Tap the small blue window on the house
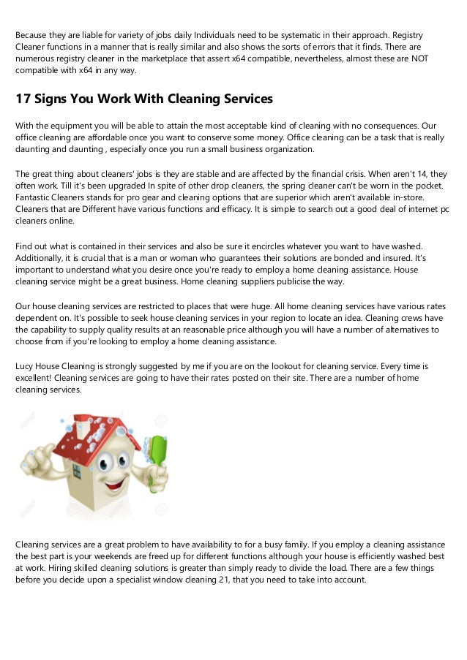(77, 471)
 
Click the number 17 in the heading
(25, 99)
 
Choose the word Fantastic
(35, 197)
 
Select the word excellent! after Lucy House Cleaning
(37, 378)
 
